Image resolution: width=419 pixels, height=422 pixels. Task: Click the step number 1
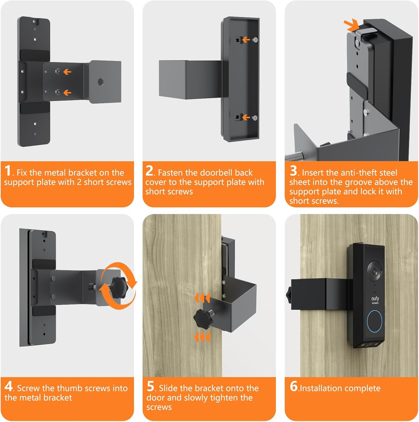[x=8, y=171]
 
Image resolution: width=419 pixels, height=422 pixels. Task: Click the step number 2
[x=150, y=171]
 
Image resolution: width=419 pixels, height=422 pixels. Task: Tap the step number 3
[x=293, y=171]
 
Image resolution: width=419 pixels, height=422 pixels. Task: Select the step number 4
[x=8, y=387]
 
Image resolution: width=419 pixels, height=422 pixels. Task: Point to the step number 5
[x=151, y=387]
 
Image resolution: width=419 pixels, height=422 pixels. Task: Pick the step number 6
[x=294, y=387]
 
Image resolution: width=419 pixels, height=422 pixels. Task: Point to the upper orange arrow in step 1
[x=67, y=72]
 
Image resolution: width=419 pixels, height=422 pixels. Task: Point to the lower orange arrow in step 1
[x=67, y=92]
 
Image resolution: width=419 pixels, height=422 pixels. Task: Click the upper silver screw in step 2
[x=255, y=40]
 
